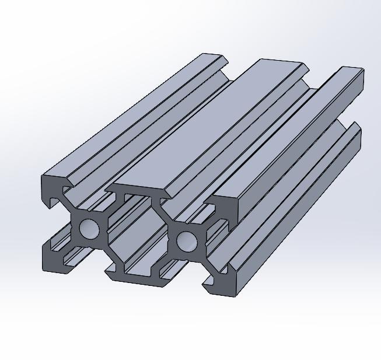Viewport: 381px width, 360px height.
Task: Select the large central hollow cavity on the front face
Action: (x=138, y=233)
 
